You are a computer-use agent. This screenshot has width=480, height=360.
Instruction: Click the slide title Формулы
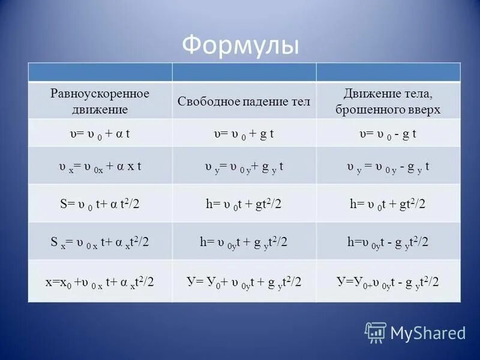(240, 45)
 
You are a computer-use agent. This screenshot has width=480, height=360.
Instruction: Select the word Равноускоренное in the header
(100, 94)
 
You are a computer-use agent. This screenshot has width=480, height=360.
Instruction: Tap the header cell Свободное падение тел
(244, 101)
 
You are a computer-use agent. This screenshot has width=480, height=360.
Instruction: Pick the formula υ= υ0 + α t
(100, 134)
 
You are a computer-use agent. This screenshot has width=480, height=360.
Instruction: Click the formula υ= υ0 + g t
(244, 134)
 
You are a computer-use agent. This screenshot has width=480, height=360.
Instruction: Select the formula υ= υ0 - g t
(388, 134)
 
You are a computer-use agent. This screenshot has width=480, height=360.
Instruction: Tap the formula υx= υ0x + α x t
(100, 166)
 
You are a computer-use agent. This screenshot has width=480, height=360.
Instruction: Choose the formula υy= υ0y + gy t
(244, 166)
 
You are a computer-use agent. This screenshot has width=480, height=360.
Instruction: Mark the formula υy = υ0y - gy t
(388, 166)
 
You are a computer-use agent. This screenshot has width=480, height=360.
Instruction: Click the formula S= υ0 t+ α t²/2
(100, 204)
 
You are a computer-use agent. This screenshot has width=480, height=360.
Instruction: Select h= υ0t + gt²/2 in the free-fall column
(244, 204)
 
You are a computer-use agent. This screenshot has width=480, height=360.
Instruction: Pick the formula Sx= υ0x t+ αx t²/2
(100, 242)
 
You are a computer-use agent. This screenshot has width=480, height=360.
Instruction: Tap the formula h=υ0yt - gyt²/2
(388, 242)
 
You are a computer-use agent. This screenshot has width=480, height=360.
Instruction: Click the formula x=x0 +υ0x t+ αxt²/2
(100, 281)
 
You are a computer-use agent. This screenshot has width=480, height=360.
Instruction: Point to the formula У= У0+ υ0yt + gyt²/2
(244, 281)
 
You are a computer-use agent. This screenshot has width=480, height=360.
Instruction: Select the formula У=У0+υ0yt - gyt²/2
(388, 281)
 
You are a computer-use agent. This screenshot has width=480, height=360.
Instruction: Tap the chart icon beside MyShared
(376, 332)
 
